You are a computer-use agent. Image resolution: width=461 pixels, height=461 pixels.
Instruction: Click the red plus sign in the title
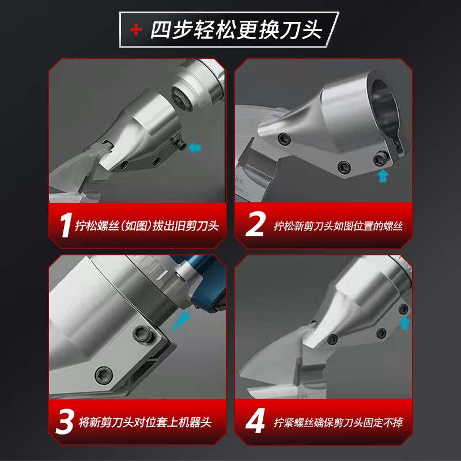tap(136, 30)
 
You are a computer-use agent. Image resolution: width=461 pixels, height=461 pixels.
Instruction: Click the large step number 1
tap(66, 225)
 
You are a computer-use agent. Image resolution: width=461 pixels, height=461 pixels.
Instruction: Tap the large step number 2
tap(255, 224)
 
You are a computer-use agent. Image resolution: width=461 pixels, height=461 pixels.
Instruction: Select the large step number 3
tap(65, 421)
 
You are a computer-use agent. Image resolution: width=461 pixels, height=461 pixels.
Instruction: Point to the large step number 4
tap(255, 421)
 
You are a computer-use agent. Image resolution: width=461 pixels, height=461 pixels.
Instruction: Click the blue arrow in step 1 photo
tap(194, 148)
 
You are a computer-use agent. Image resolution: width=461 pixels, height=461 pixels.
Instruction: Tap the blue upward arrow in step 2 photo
tap(383, 176)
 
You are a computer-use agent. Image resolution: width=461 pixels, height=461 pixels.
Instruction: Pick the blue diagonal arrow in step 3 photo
tap(180, 321)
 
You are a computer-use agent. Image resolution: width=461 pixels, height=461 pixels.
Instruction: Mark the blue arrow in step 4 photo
tap(405, 323)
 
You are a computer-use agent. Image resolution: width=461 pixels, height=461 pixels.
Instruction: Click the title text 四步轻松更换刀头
tap(237, 30)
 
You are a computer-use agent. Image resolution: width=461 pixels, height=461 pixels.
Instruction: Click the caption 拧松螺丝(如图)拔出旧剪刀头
tap(147, 226)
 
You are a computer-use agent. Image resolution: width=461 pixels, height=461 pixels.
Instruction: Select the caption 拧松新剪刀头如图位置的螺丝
tap(338, 226)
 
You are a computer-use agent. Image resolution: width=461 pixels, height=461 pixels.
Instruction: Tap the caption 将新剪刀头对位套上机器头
tap(145, 422)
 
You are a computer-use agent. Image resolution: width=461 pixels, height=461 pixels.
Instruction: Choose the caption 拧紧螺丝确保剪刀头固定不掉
tap(338, 422)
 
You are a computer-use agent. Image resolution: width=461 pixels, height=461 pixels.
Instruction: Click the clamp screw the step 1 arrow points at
tap(180, 144)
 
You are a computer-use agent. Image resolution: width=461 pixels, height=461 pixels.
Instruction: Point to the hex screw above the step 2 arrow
tap(380, 159)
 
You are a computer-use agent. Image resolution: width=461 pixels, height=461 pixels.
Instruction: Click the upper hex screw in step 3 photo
tap(143, 335)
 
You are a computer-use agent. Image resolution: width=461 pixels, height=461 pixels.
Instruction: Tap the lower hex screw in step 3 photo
tap(104, 375)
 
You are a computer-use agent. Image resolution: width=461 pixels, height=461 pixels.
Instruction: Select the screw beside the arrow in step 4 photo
tap(403, 309)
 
